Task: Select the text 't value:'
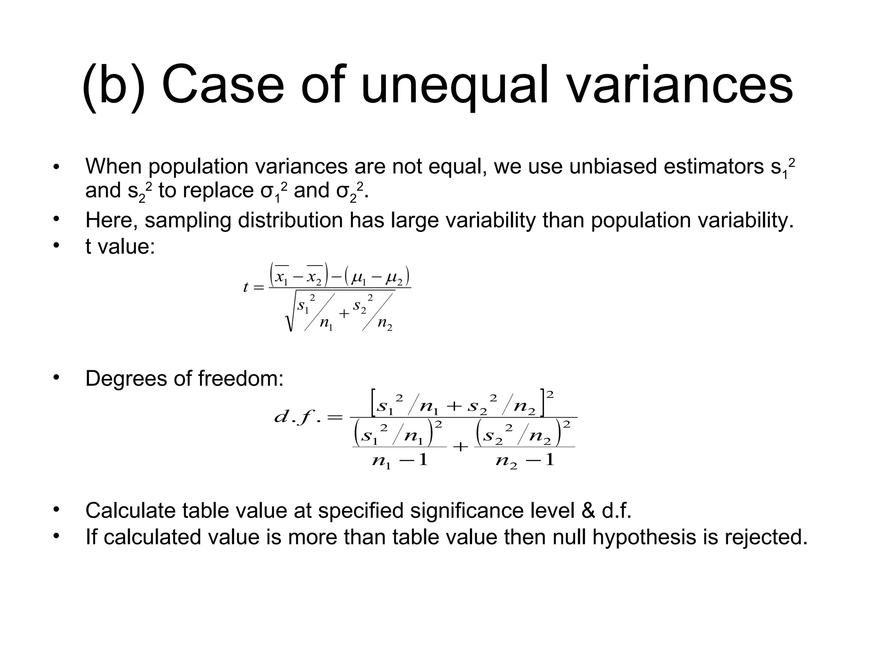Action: [120, 247]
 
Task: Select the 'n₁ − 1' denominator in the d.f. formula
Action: [399, 460]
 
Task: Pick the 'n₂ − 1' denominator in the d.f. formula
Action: [525, 460]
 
